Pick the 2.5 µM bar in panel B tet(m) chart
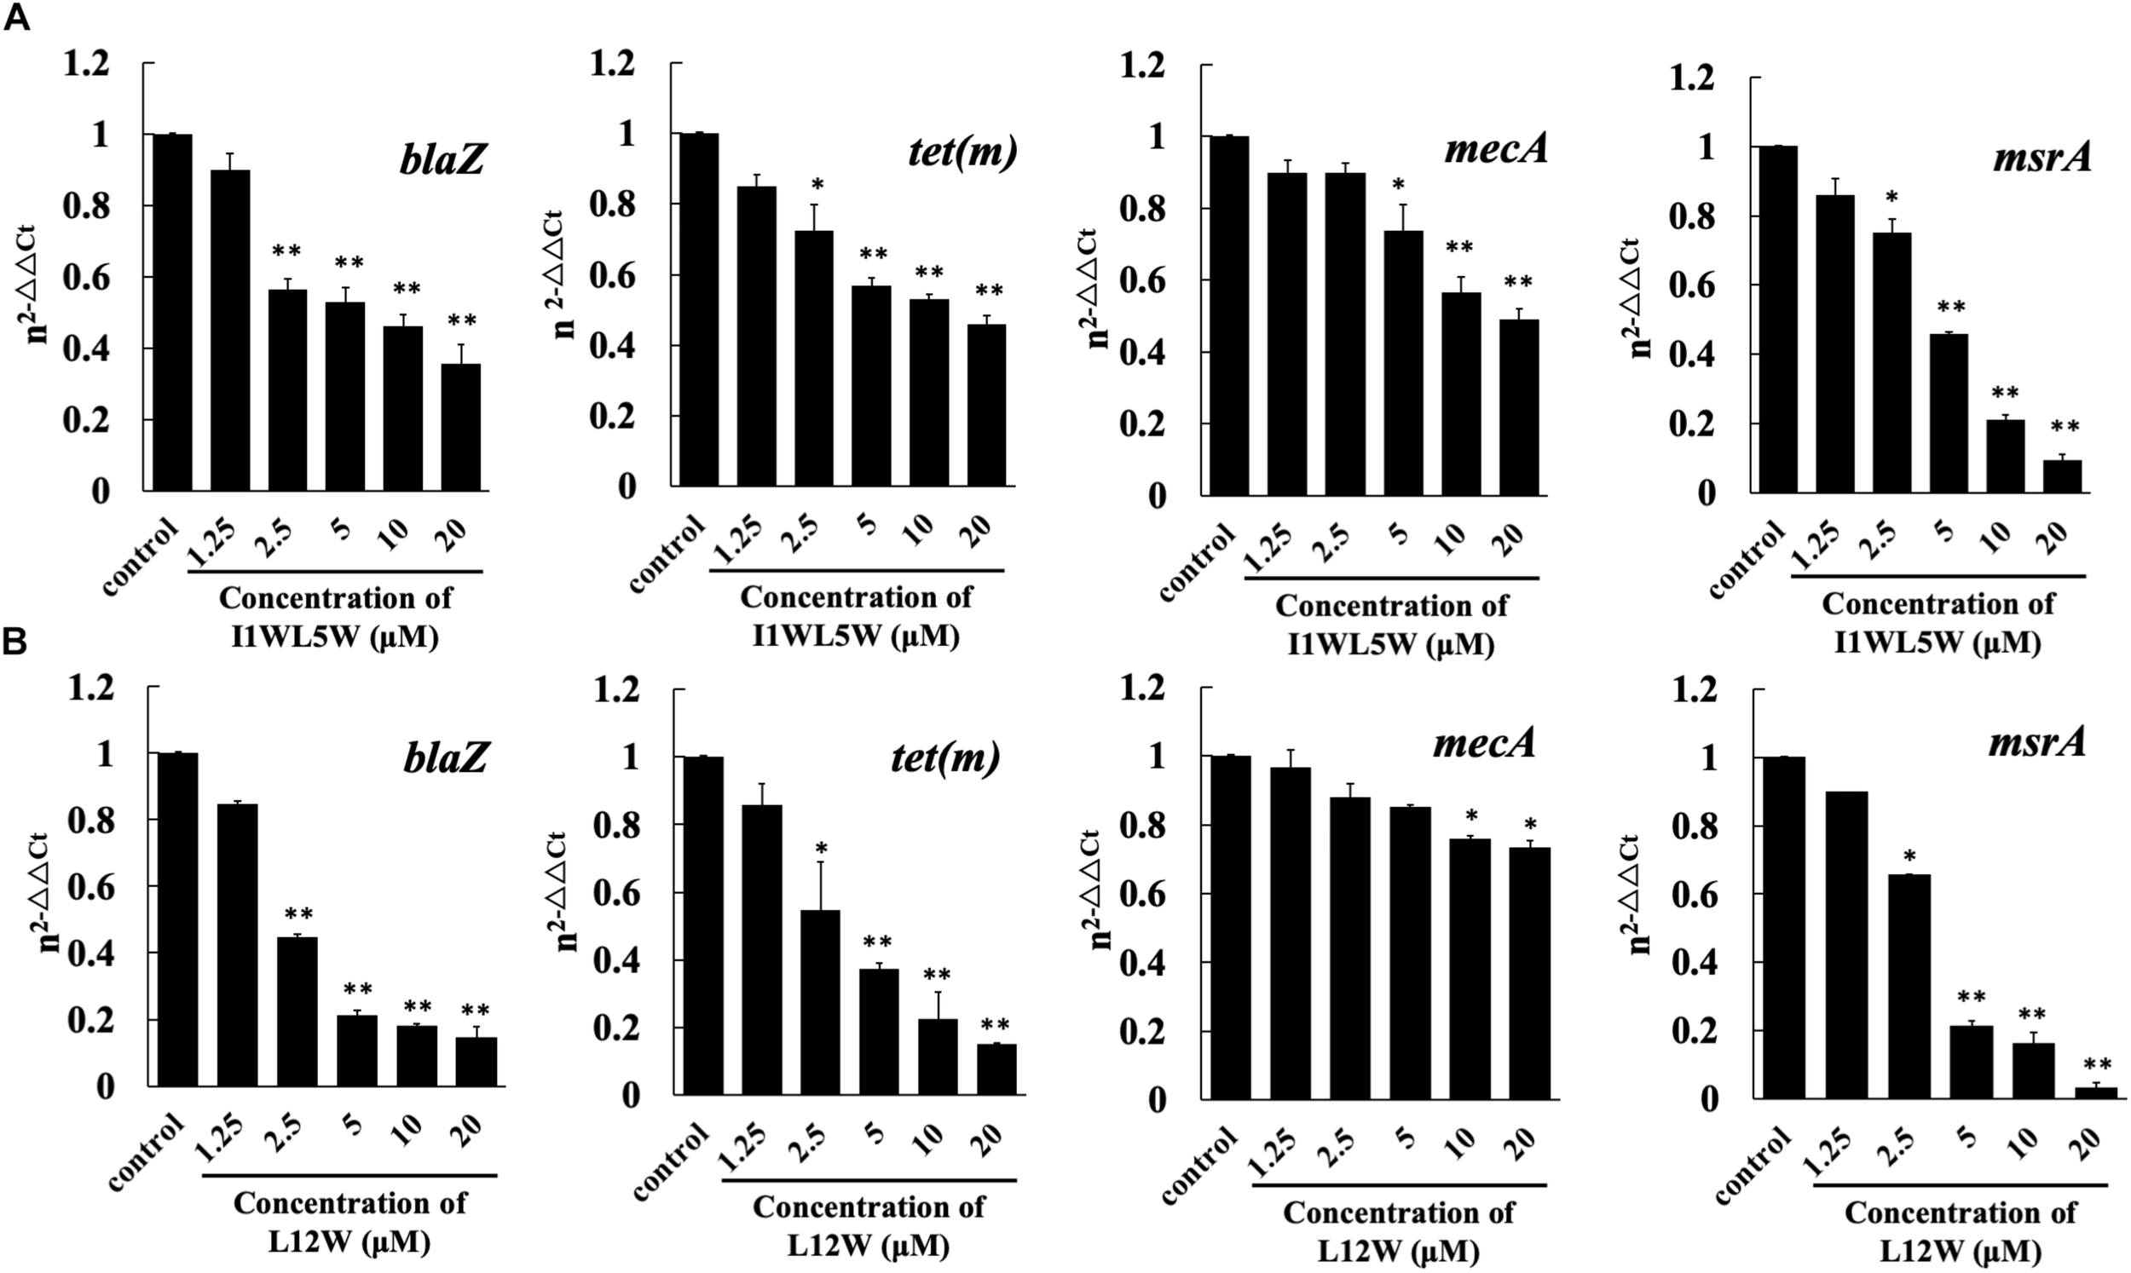[x=819, y=1002]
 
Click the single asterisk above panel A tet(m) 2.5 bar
[x=817, y=186]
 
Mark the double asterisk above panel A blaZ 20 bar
[x=461, y=322]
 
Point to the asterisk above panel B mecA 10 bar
[x=1470, y=815]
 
